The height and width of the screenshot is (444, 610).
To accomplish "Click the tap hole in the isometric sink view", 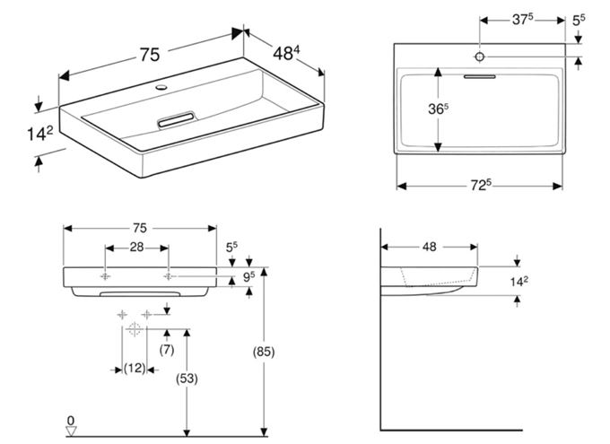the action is pyautogui.click(x=161, y=87).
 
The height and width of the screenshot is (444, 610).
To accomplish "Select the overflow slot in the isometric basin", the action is pyautogui.click(x=176, y=119).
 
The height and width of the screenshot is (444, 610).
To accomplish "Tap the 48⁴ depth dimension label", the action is pyautogui.click(x=286, y=53).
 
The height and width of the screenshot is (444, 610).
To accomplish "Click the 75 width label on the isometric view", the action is pyautogui.click(x=150, y=55).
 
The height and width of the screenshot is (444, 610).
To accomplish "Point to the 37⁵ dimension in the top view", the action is pyautogui.click(x=522, y=20).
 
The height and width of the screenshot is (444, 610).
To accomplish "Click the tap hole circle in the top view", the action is pyautogui.click(x=480, y=57).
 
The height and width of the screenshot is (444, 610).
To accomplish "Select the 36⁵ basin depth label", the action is pyautogui.click(x=438, y=109).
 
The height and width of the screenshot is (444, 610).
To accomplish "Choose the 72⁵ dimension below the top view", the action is pyautogui.click(x=481, y=186).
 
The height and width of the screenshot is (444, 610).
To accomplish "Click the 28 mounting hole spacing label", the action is pyautogui.click(x=136, y=247).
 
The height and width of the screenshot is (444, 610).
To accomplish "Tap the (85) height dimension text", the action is pyautogui.click(x=264, y=352).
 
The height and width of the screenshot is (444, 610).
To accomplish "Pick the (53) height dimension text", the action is pyautogui.click(x=187, y=379).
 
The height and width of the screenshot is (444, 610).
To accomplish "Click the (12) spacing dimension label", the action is pyautogui.click(x=135, y=368).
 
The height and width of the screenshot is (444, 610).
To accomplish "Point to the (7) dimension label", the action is pyautogui.click(x=167, y=350).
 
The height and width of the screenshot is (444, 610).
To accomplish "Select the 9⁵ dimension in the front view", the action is pyautogui.click(x=249, y=277).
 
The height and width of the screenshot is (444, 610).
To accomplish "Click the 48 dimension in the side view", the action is pyautogui.click(x=429, y=247).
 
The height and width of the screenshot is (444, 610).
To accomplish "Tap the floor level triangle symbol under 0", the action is pyautogui.click(x=71, y=431).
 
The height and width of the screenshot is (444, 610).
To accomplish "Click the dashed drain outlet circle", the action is pyautogui.click(x=135, y=329).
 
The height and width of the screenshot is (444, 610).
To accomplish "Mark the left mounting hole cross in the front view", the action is pyautogui.click(x=105, y=276).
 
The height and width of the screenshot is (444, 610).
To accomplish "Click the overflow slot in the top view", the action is pyautogui.click(x=480, y=76).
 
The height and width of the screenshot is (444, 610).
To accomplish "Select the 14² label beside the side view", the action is pyautogui.click(x=519, y=282).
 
